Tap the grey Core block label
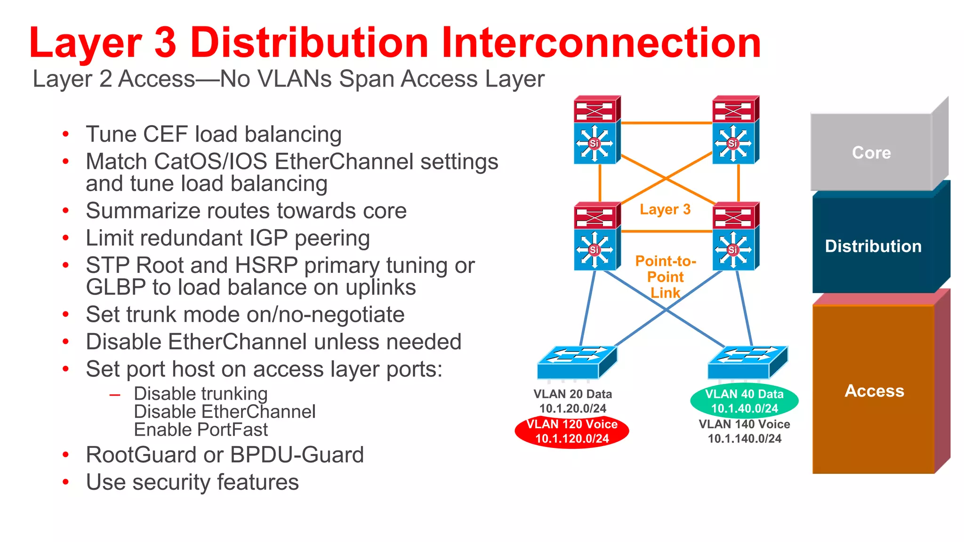[871, 153]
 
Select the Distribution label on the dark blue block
[873, 246]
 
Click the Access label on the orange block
[874, 391]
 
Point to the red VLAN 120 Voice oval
[572, 431]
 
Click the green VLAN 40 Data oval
[744, 401]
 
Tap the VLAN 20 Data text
[572, 394]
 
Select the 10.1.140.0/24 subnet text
[744, 438]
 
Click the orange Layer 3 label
[665, 209]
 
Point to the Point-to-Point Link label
[665, 277]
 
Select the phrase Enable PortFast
[201, 430]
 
